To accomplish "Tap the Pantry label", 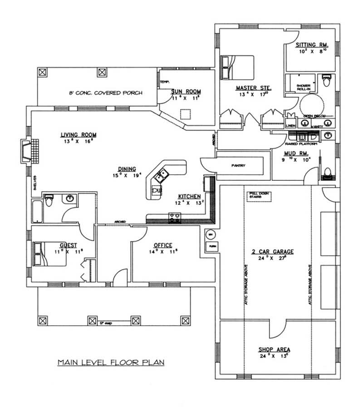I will coord(238,165).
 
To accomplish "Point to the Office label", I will coord(163,245).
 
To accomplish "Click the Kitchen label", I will coord(189,196).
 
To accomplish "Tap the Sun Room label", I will coord(186,92).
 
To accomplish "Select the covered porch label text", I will coord(105,93).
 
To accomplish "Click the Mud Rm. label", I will coord(297,153).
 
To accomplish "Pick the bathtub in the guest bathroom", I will coord(37,210).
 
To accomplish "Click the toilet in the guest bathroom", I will coord(49,199).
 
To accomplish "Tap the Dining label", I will coord(125,169).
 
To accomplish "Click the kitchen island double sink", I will coord(162,174).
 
